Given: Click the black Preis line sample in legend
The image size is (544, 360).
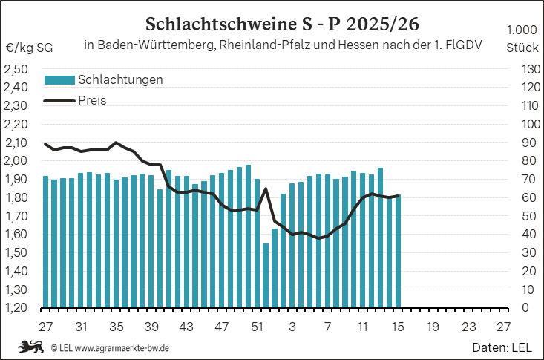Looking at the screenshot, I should (x=59, y=100).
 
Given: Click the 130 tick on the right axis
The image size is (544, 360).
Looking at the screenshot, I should (x=522, y=69).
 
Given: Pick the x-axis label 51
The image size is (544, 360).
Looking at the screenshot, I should (x=257, y=326).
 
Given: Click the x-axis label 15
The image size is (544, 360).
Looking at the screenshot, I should (x=398, y=326).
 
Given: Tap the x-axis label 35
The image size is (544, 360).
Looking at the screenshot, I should (x=116, y=326).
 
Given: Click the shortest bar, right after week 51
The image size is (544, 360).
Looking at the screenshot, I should (x=266, y=275).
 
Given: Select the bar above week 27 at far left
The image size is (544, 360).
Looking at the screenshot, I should (x=46, y=241).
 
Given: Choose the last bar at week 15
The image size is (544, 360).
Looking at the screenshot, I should (x=398, y=251).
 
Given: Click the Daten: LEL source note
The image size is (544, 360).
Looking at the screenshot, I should (x=502, y=347).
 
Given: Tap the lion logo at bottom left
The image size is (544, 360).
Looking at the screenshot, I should (x=30, y=347).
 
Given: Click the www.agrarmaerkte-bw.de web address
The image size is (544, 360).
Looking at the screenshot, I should (x=122, y=347).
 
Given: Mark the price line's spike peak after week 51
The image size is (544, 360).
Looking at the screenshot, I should (x=266, y=189).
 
